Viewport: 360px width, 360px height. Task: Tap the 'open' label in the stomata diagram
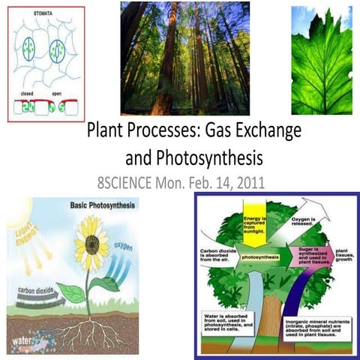[57, 94]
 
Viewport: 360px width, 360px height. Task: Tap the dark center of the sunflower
[92, 244]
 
